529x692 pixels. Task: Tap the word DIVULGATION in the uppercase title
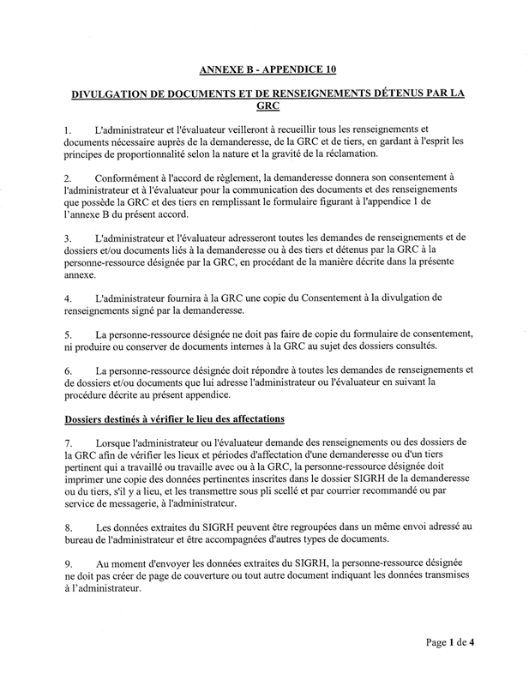(x=113, y=96)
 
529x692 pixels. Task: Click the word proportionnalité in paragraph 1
(x=153, y=153)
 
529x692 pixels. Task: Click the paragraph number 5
(x=69, y=334)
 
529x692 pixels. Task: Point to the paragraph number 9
(x=69, y=563)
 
